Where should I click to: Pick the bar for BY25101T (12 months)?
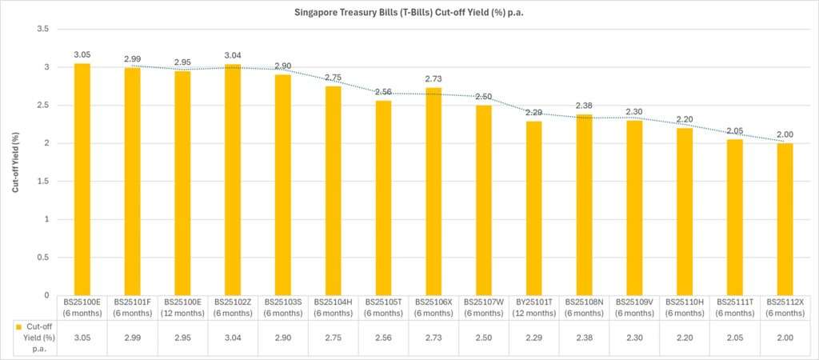[533, 208]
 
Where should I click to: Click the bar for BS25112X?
[785, 219]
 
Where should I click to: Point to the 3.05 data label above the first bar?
[82, 54]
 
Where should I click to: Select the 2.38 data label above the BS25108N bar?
[584, 106]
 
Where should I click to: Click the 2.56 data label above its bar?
[383, 92]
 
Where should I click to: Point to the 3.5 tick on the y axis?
[43, 29]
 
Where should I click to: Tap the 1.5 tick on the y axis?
[43, 181]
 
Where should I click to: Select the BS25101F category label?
[132, 307]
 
